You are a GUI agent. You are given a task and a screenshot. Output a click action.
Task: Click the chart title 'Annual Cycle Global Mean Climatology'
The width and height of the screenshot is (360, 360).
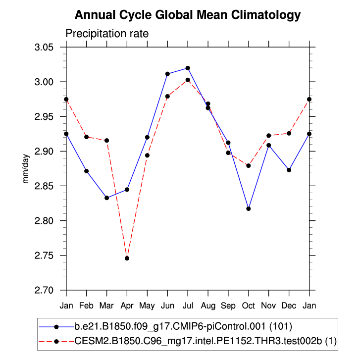pyautogui.click(x=187, y=15)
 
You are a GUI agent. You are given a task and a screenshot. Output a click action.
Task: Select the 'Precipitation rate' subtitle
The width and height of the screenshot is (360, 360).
pyautogui.click(x=107, y=34)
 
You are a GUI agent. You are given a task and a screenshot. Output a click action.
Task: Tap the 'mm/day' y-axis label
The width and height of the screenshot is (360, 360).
pyautogui.click(x=26, y=168)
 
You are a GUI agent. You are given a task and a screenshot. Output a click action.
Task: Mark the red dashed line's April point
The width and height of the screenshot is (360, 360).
pyautogui.click(x=127, y=258)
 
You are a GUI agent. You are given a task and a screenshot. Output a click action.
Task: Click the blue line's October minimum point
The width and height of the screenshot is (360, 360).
pyautogui.click(x=249, y=208)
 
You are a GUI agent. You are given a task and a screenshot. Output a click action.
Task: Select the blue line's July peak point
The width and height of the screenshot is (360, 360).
pyautogui.click(x=188, y=68)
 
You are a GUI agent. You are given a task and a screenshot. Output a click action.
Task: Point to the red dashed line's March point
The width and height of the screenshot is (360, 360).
pyautogui.click(x=107, y=140)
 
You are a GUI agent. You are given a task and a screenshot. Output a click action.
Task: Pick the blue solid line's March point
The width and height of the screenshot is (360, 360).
pyautogui.click(x=107, y=198)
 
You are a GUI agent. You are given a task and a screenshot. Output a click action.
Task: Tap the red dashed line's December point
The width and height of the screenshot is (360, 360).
pyautogui.click(x=289, y=133)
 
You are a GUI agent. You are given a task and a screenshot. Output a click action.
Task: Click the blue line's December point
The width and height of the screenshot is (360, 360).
pyautogui.click(x=289, y=170)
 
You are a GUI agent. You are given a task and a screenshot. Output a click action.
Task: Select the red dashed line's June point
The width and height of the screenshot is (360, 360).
pyautogui.click(x=167, y=96)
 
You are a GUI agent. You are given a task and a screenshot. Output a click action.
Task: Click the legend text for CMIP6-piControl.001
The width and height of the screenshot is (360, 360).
pyautogui.click(x=183, y=327)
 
